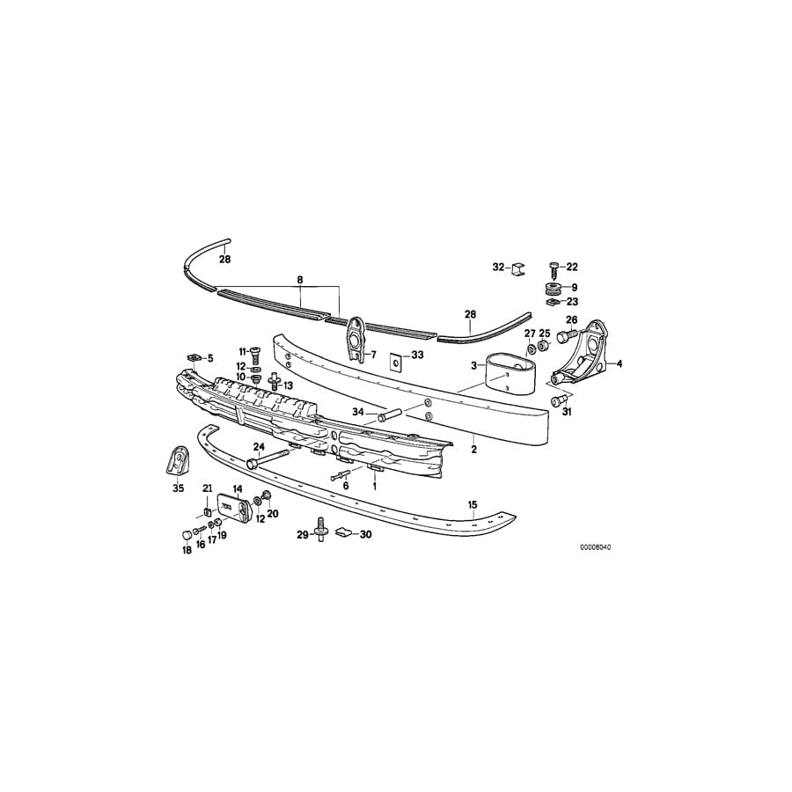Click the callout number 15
tap(472, 504)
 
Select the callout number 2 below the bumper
tap(473, 449)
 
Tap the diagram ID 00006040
tap(595, 546)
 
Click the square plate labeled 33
tap(394, 361)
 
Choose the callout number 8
tap(300, 280)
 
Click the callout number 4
tap(619, 363)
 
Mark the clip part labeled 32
tap(519, 267)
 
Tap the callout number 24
tap(259, 446)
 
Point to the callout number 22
tap(572, 267)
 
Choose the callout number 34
tap(358, 412)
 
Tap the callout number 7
tap(372, 355)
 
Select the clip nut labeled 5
tap(195, 356)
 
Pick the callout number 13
tap(287, 385)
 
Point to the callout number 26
tap(571, 319)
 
